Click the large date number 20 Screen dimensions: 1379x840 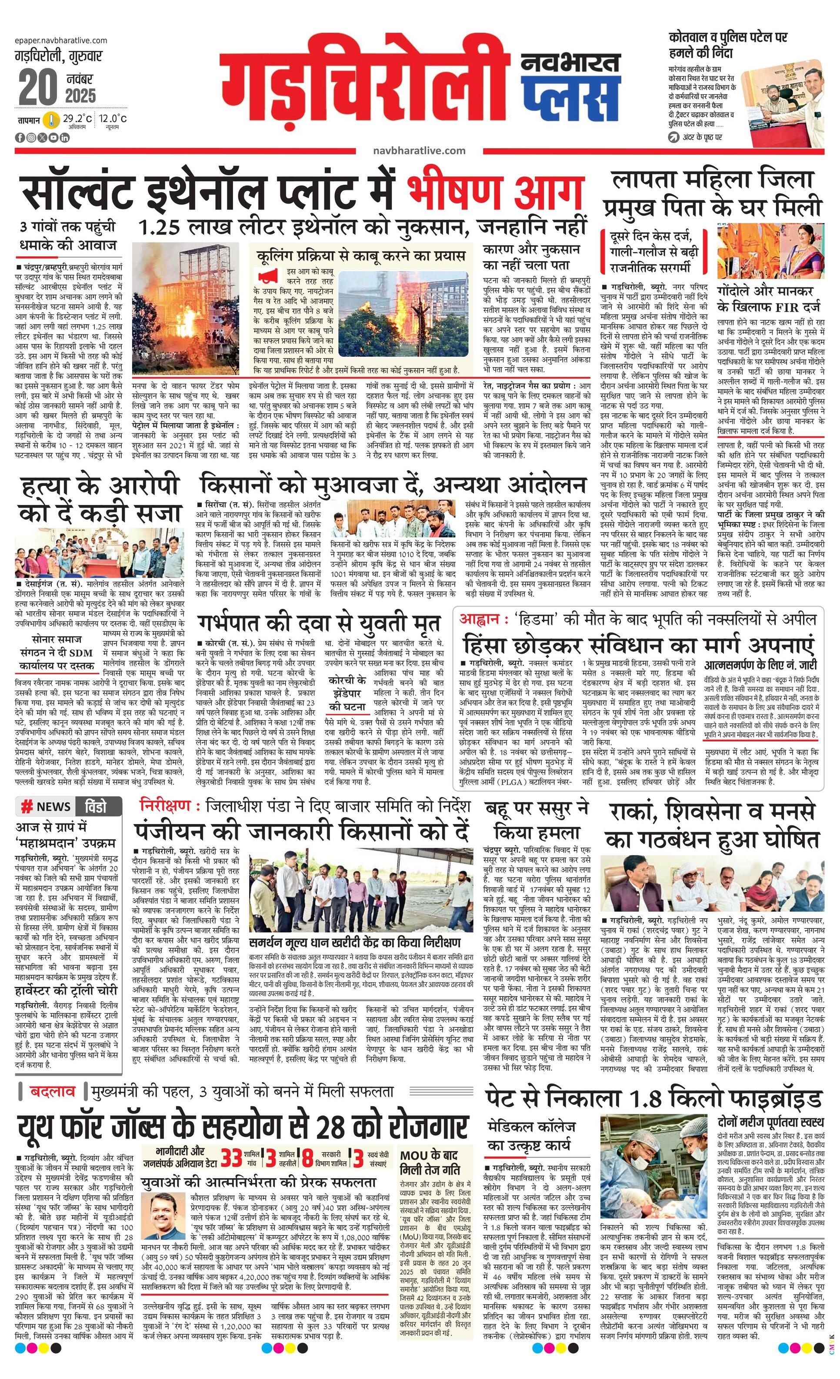pyautogui.click(x=38, y=87)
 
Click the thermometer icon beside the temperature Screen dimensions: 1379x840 pyautogui.click(x=51, y=120)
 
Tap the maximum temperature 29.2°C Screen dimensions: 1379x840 pyautogui.click(x=77, y=119)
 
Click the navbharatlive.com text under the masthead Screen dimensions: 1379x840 pyautogui.click(x=419, y=150)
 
